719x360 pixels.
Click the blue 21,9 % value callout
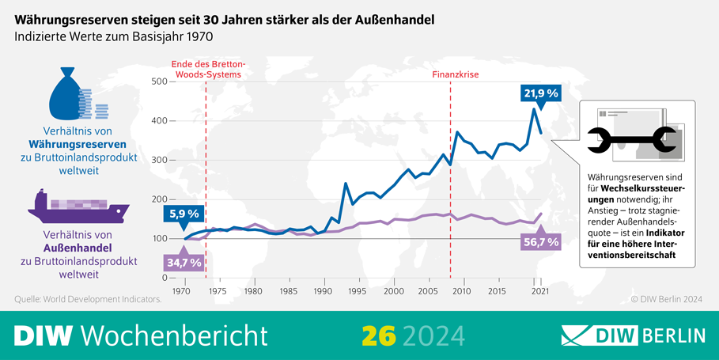tap(541, 93)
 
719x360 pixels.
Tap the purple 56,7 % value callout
tap(541, 242)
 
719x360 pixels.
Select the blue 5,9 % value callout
tap(183, 214)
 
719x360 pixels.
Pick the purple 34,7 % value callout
tap(183, 261)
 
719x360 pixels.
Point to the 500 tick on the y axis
tap(158, 82)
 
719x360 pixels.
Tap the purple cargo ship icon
tap(78, 207)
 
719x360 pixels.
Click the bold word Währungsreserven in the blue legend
tap(78, 145)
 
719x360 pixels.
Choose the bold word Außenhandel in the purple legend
tap(78, 248)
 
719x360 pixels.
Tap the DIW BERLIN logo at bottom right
tap(633, 335)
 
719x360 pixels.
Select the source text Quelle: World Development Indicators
tap(88, 299)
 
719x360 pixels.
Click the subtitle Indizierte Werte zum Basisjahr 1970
tap(114, 36)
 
